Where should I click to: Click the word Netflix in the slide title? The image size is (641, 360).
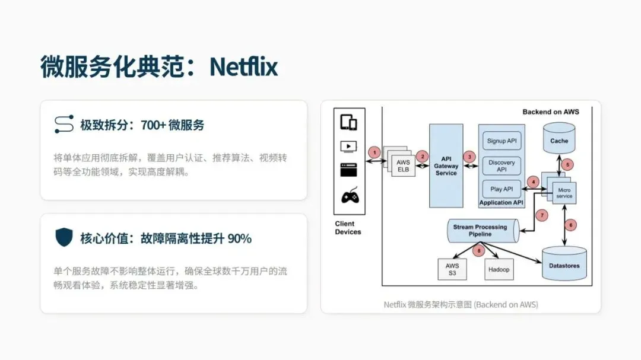pyautogui.click(x=243, y=67)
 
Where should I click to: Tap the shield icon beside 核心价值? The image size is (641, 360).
pyautogui.click(x=64, y=238)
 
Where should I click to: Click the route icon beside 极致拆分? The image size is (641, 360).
pyautogui.click(x=64, y=124)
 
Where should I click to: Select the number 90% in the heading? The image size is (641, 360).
pyautogui.click(x=240, y=238)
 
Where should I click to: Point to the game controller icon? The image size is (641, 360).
pyautogui.click(x=348, y=197)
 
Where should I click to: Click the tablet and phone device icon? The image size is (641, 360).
pyautogui.click(x=348, y=123)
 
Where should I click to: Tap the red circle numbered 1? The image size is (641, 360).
pyautogui.click(x=374, y=152)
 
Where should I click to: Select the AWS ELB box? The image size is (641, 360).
pyautogui.click(x=402, y=165)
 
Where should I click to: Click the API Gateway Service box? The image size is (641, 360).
pyautogui.click(x=446, y=165)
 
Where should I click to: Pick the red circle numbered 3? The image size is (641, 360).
pyautogui.click(x=470, y=157)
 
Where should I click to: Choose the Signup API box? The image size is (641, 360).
pyautogui.click(x=502, y=141)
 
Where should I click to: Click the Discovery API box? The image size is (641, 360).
pyautogui.click(x=502, y=165)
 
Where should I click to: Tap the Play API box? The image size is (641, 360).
pyautogui.click(x=502, y=189)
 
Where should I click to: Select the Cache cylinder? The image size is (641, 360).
pyautogui.click(x=559, y=139)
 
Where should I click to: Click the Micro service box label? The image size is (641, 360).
pyautogui.click(x=564, y=192)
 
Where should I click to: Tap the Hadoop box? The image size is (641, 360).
pyautogui.click(x=499, y=269)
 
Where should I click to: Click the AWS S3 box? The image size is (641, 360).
pyautogui.click(x=452, y=270)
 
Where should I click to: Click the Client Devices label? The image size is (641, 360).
pyautogui.click(x=348, y=228)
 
